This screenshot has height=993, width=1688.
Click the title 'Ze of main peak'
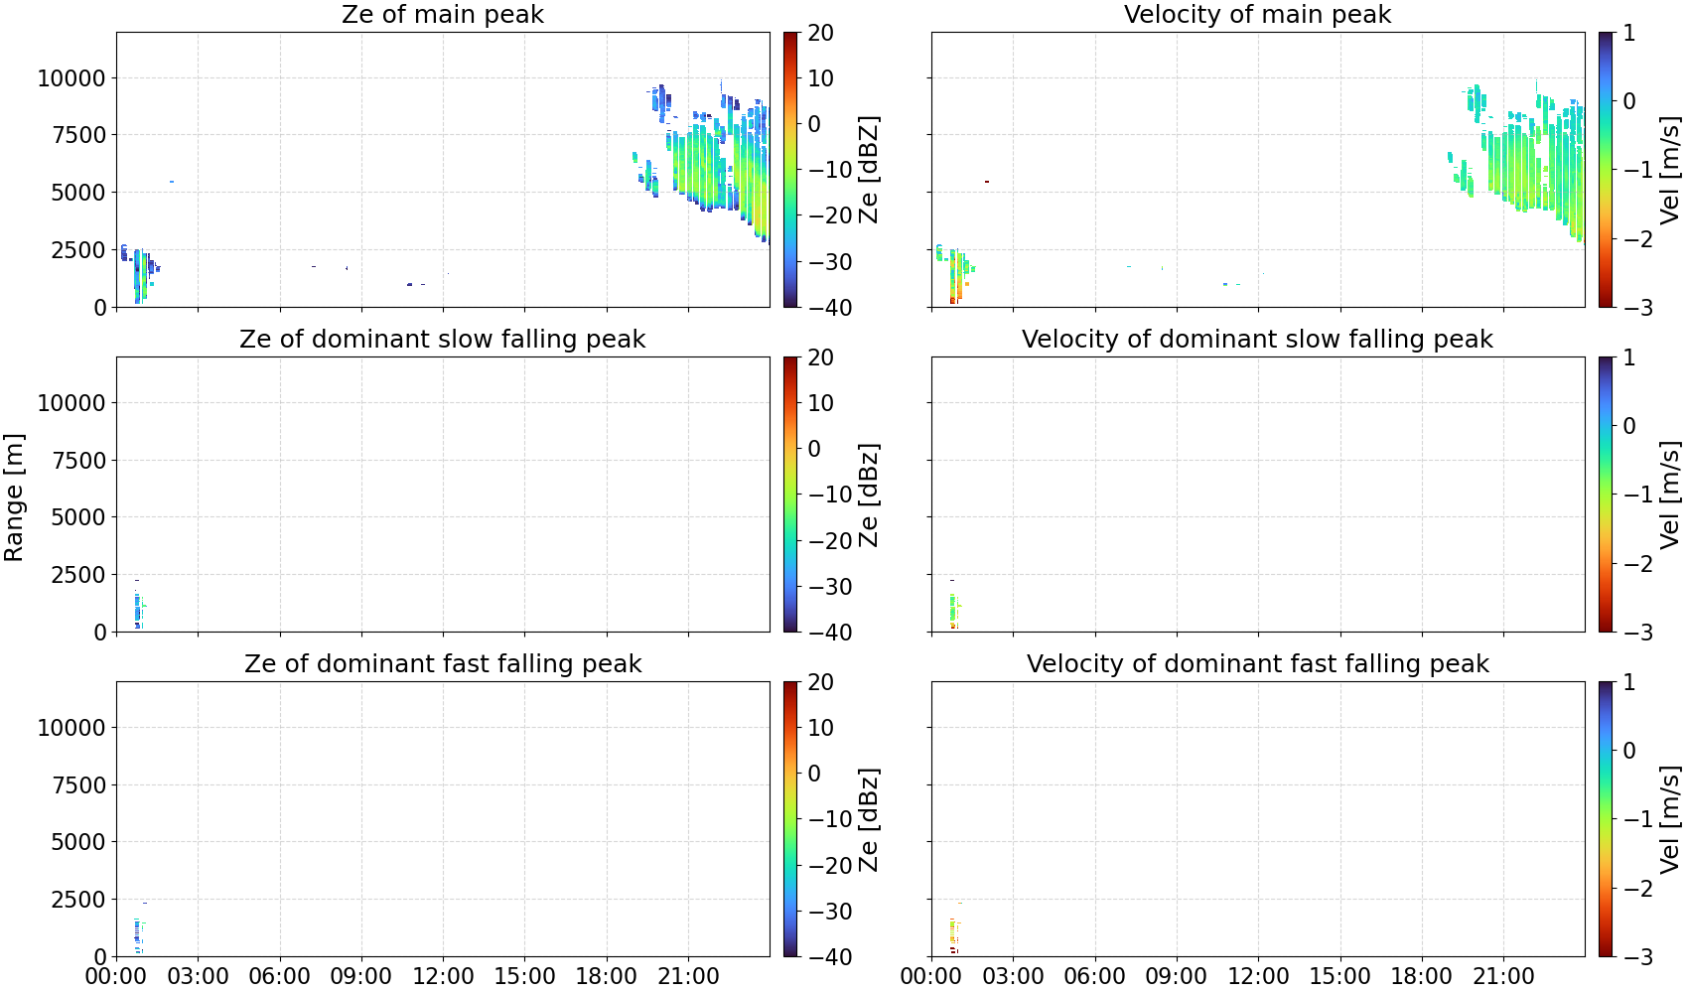(442, 15)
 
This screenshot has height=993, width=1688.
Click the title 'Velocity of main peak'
(1258, 15)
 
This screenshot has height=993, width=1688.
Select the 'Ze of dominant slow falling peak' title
(442, 339)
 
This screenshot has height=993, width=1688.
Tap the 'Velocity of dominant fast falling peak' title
(1258, 663)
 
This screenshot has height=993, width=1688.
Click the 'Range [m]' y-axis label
(14, 497)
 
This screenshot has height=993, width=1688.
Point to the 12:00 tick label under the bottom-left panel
(443, 977)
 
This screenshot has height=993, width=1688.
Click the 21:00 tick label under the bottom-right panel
(1503, 977)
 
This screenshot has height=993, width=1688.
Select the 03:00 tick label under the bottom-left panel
(199, 977)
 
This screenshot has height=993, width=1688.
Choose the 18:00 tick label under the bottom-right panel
(1422, 977)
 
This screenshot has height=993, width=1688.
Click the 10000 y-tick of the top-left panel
(71, 78)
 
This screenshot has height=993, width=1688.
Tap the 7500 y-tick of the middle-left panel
(78, 461)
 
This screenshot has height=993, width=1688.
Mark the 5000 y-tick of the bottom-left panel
(78, 842)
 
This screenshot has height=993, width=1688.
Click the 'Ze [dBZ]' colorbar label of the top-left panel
(869, 170)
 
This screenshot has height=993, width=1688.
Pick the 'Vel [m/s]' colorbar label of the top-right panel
(1670, 170)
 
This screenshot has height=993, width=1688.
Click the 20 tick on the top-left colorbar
(820, 33)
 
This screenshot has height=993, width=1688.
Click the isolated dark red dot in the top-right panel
(986, 182)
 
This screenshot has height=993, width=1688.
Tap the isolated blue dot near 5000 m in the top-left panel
(172, 182)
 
